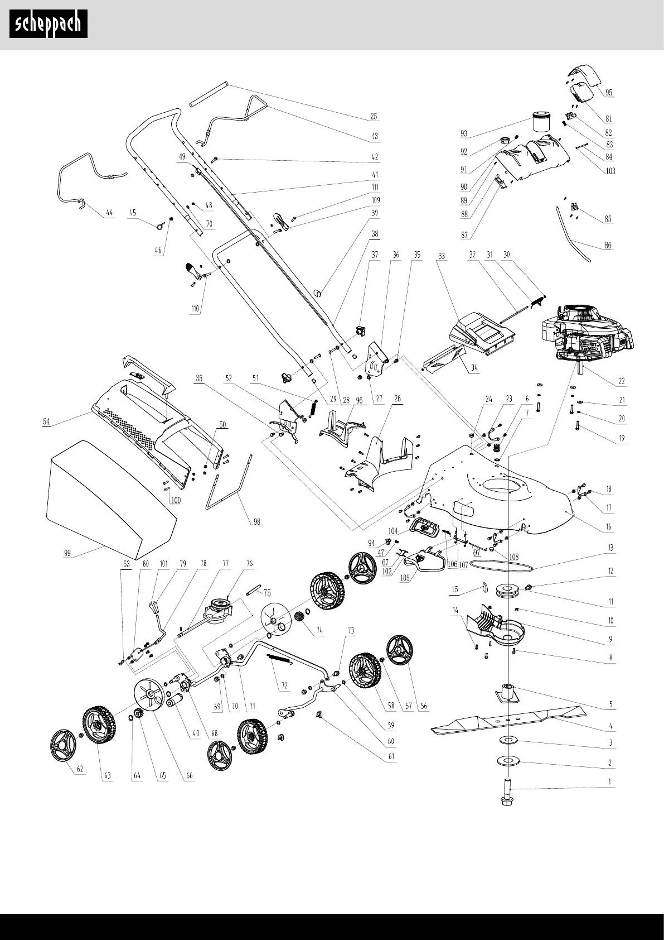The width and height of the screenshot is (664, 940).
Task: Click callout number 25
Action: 374,117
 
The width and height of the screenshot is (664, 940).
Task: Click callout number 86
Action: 608,245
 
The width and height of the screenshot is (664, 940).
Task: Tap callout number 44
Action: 109,213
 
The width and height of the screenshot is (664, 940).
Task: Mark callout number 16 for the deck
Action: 608,526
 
